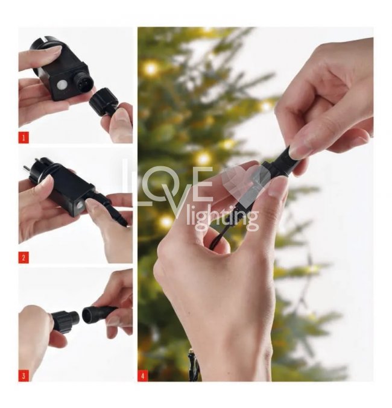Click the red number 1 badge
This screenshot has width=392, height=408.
[24, 137]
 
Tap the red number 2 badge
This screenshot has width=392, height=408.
[24, 257]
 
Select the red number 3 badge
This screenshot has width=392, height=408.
[24, 376]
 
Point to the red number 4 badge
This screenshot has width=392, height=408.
[142, 375]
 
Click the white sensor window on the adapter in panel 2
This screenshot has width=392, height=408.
[80, 206]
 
